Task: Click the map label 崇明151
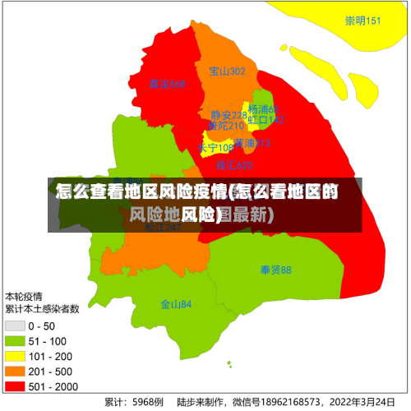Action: coord(363,21)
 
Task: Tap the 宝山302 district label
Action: coord(227,72)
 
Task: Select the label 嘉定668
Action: coord(168,84)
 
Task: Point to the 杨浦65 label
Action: coord(264,109)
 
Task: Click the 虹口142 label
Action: coord(266,120)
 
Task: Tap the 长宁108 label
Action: coord(215,148)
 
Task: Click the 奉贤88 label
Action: coord(276,270)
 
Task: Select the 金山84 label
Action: coord(176,304)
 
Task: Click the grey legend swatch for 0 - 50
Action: coord(15,326)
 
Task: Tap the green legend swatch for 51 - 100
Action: coord(15,341)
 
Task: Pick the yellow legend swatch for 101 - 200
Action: coord(15,356)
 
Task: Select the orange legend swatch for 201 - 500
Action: coord(15,371)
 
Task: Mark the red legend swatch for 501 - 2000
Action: coord(15,386)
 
